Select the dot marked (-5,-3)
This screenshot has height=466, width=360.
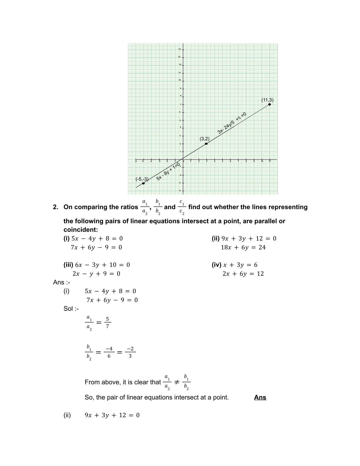pos(143,183)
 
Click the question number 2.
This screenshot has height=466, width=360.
pos(56,207)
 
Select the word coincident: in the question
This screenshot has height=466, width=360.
pos(81,230)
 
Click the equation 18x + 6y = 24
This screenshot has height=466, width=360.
pos(243,247)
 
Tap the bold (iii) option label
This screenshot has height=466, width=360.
pos(68,265)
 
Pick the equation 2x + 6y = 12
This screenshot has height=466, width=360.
pos(243,274)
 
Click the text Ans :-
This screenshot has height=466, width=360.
pos(61,282)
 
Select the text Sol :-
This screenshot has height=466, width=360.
pos(71,309)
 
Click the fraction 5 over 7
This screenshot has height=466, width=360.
pos(107,323)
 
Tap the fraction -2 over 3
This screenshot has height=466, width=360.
pos(130,352)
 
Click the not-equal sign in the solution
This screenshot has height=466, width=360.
pos(176,382)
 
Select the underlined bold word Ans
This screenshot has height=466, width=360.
pos(260,397)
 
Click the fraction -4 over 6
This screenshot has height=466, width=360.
pos(109,352)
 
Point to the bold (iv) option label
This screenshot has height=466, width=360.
pos(216,265)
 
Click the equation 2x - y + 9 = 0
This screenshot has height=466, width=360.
pos(96,274)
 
